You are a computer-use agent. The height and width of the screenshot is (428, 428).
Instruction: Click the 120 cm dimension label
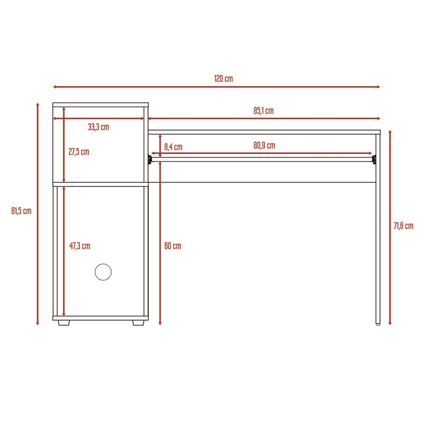coord(224,79)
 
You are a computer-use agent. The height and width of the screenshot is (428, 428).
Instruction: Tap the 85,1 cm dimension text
coord(263,111)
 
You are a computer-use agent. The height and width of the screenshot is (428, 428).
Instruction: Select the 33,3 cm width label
coord(98,127)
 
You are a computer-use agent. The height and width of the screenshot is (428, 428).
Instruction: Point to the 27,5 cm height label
coord(79,152)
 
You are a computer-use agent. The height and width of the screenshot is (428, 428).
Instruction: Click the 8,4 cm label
coord(173,147)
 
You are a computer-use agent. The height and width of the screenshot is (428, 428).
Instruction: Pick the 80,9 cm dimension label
coord(264,146)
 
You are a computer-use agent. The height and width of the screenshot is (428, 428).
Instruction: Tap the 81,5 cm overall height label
coord(21,211)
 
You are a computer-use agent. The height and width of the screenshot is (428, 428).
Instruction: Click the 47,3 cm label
coord(80,246)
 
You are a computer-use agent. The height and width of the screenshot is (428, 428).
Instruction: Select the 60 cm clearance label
coord(173,246)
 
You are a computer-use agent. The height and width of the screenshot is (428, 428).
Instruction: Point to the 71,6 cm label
coord(403,226)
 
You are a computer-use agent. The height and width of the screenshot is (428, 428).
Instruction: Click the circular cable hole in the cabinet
coord(103,272)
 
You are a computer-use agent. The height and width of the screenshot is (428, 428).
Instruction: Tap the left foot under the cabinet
coord(64,323)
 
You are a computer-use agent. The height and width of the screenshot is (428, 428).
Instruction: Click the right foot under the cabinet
coord(138,323)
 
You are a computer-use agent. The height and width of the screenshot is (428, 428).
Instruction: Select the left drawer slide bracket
coord(150,159)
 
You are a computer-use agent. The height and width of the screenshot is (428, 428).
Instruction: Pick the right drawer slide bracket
coord(374,159)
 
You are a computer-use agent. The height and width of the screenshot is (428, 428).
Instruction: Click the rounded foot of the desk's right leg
coord(378,324)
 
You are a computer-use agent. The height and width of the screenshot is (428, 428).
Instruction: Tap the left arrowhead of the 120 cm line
coord(55,87)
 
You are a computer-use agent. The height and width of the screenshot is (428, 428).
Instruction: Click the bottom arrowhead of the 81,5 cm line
coord(38,323)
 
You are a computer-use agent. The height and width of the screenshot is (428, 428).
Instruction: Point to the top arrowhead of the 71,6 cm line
coord(390,132)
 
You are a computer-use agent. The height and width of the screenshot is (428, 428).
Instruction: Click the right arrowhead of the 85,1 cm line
coord(378,118)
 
